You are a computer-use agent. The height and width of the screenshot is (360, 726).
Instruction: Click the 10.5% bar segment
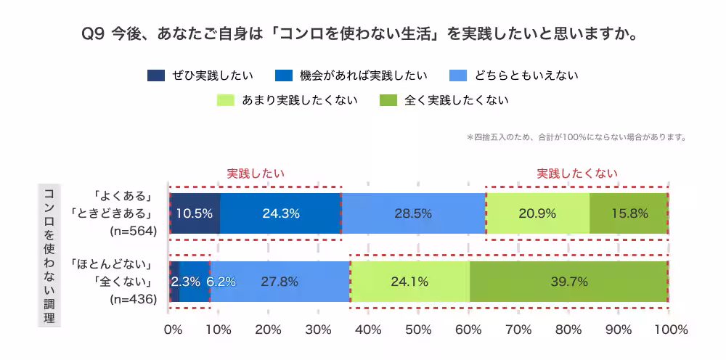tap(195, 213)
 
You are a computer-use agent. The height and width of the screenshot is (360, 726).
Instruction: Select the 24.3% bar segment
tap(280, 213)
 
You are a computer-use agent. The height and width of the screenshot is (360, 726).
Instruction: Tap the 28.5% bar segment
tap(413, 213)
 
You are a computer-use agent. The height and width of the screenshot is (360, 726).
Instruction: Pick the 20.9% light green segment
tap(537, 213)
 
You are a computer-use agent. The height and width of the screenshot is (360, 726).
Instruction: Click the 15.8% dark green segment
tap(628, 213)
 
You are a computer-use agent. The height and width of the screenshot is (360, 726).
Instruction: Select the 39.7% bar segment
tap(568, 281)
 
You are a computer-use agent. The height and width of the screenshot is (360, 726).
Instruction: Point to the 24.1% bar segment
tap(409, 281)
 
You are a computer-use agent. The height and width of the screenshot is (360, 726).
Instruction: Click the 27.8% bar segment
tap(280, 281)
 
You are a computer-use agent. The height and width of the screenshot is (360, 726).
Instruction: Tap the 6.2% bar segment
tap(221, 281)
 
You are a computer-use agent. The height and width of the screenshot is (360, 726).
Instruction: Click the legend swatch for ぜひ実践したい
tap(156, 75)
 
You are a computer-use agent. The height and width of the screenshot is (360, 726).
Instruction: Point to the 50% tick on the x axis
tap(419, 330)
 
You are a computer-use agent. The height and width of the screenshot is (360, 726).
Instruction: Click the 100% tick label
tap(670, 330)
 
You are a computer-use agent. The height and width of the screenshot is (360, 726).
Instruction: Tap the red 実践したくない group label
tap(577, 173)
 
